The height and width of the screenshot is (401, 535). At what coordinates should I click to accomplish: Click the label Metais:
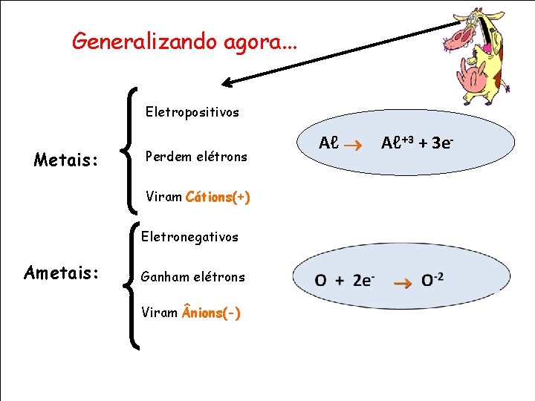coord(67,160)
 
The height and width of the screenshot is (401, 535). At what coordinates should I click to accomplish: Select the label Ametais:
coord(61,273)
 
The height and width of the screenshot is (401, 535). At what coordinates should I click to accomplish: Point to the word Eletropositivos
coord(192,112)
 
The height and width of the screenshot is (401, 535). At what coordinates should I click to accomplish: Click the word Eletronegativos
coord(190,237)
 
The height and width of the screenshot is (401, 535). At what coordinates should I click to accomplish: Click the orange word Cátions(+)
coord(218,198)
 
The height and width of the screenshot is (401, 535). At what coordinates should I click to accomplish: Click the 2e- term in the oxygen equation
coord(363,280)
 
